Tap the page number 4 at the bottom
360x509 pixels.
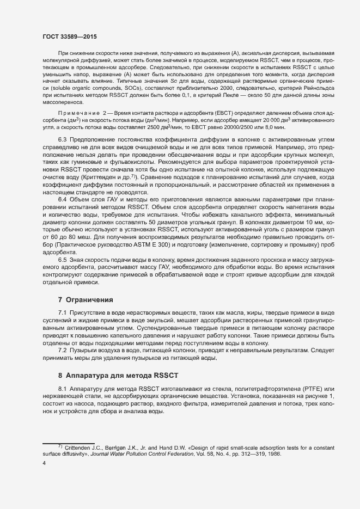[x=44, y=463]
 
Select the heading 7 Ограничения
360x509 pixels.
[x=85, y=299]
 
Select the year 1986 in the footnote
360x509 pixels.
[x=272, y=454]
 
